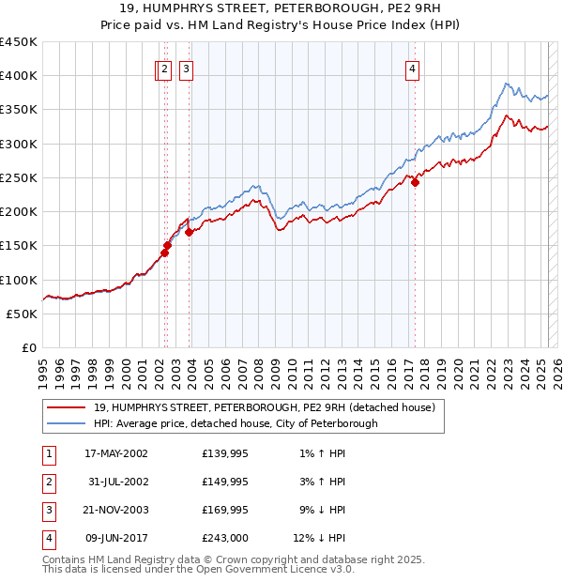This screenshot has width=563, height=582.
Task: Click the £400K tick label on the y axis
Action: pyautogui.click(x=19, y=76)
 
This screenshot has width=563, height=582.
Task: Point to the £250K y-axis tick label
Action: pyautogui.click(x=19, y=177)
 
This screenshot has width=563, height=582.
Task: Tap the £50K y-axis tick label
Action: pyautogui.click(x=23, y=314)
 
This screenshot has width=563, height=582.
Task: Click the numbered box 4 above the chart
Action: pyautogui.click(x=413, y=68)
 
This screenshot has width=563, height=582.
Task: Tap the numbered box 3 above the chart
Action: pyautogui.click(x=186, y=68)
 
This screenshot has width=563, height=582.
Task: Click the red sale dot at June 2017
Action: pyautogui.click(x=415, y=183)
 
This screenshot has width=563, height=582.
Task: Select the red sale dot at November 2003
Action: pyautogui.click(x=189, y=232)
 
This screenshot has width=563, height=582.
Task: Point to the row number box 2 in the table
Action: pyautogui.click(x=47, y=482)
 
